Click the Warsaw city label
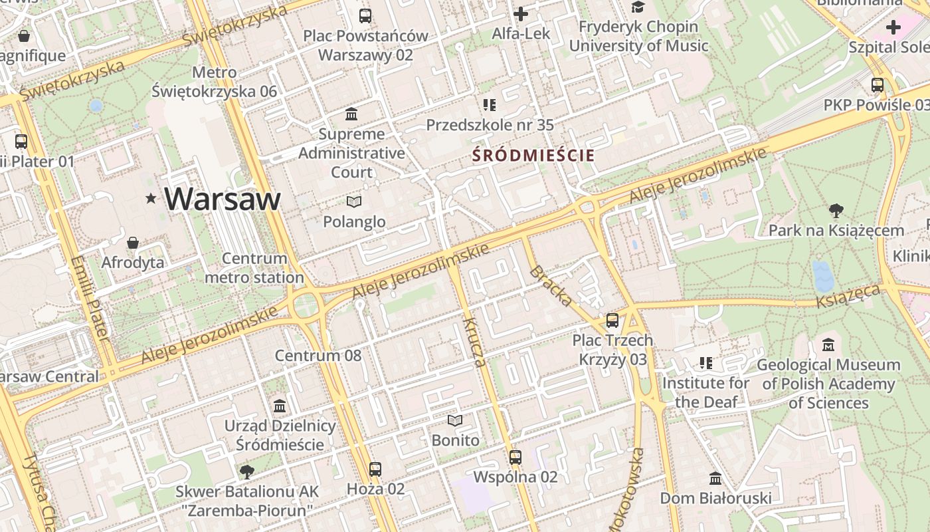223,199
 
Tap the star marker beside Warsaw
151,198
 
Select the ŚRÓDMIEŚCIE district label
533,156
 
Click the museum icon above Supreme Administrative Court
351,114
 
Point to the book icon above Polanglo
354,201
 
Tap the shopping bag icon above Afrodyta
133,243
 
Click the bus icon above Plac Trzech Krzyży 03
612,321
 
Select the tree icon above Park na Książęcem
836,211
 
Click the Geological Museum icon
828,345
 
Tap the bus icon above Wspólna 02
515,458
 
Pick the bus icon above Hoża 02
375,469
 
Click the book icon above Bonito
455,420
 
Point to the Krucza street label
475,343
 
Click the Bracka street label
551,286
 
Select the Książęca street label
848,295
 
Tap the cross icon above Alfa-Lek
521,13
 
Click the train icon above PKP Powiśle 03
878,85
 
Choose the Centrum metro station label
254,268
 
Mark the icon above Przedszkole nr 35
490,105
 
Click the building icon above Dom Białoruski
715,478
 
